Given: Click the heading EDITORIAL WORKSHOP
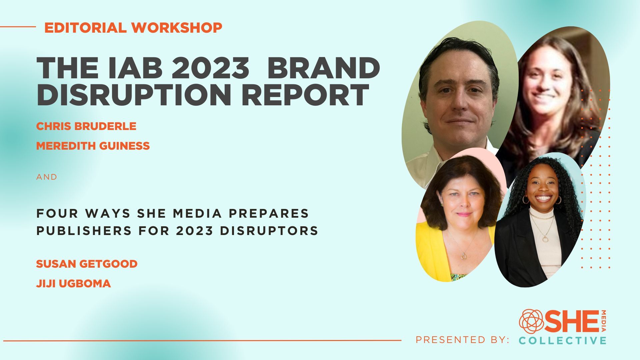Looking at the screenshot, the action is coord(133,28).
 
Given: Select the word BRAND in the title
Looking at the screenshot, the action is coord(323,68).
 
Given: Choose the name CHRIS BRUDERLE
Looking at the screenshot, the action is coord(86,126).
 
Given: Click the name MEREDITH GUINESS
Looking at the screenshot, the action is coord(93,146).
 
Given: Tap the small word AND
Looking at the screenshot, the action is coord(47,177).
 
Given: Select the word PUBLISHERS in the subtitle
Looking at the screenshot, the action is coord(84,231).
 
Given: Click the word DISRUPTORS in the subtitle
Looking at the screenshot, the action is coord(269,231).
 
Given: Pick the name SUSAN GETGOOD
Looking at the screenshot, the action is coord(87,264).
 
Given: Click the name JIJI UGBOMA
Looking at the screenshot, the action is coord(73,284).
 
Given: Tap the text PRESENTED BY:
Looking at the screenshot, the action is coord(462,340).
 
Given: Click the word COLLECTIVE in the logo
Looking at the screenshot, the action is coord(562,340).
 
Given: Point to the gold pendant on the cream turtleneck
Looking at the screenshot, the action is coord(545,239).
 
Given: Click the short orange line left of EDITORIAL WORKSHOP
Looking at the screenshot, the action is coord(18,27).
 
